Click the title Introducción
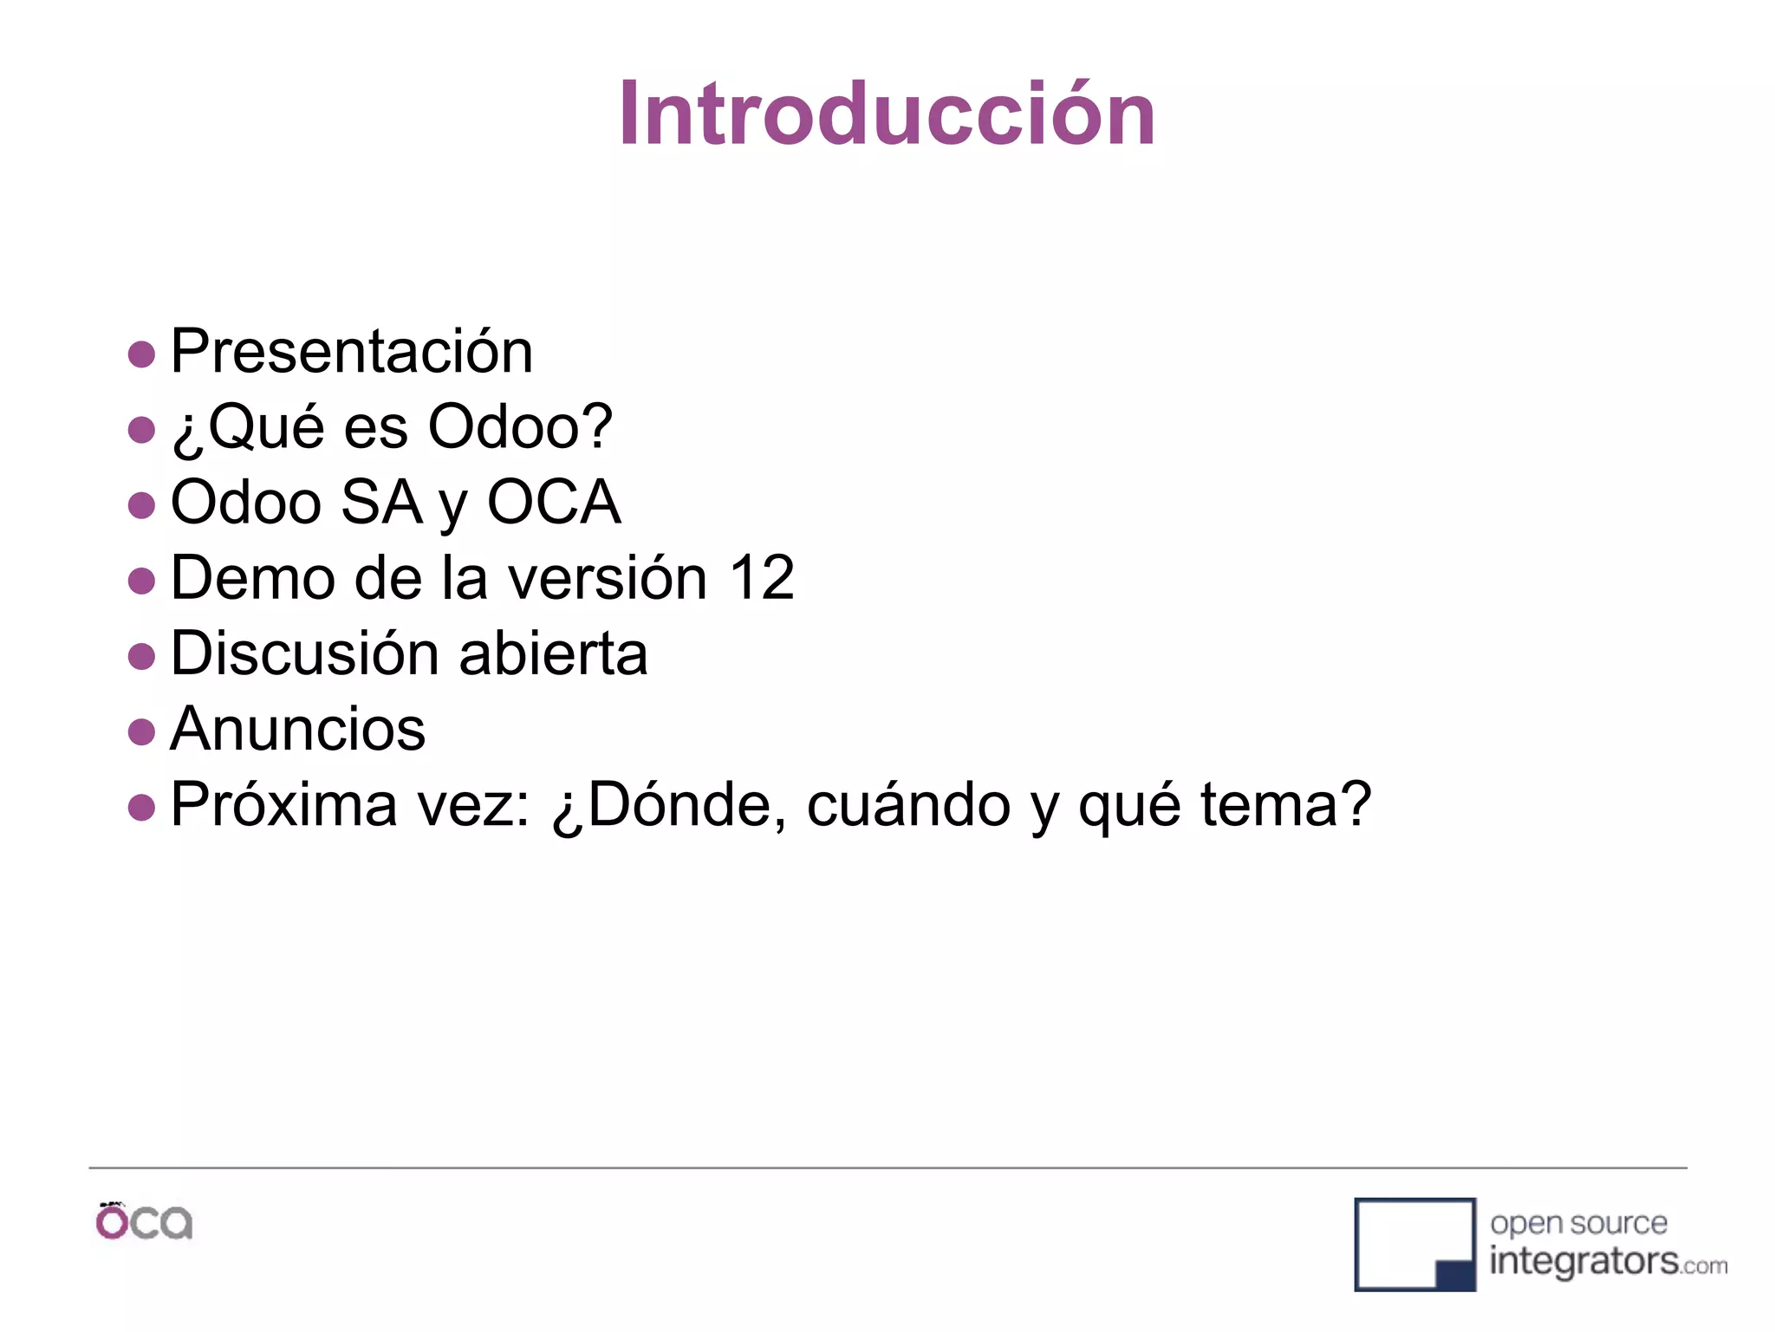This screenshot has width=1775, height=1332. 887,114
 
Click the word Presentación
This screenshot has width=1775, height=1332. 351,352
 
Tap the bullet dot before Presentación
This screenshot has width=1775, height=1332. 141,354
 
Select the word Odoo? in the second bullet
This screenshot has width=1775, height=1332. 520,427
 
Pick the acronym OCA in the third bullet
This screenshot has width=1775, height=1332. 554,503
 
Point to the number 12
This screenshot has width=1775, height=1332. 761,578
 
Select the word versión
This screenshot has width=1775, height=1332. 607,578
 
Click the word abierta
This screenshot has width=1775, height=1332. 553,653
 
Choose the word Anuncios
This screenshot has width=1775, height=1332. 297,729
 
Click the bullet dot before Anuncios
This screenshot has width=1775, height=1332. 141,732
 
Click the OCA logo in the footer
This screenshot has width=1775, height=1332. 144,1222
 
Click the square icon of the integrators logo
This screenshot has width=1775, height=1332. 1414,1245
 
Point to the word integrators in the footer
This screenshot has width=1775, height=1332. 1583,1261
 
